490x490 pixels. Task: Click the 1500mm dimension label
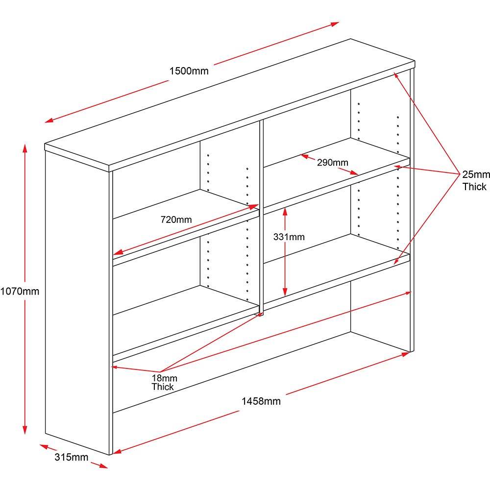[x=189, y=71]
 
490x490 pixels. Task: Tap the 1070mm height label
[x=20, y=291]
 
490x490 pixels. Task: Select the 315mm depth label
[x=71, y=458]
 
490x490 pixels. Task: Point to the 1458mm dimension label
[x=261, y=401]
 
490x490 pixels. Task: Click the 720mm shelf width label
[x=176, y=220]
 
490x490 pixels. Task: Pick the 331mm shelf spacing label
[x=289, y=237]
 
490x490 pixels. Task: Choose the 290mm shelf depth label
[x=332, y=163]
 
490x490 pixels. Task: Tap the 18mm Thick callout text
[x=164, y=382]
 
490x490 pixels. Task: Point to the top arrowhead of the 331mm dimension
[x=286, y=209]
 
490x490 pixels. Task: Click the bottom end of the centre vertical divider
[x=262, y=313]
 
